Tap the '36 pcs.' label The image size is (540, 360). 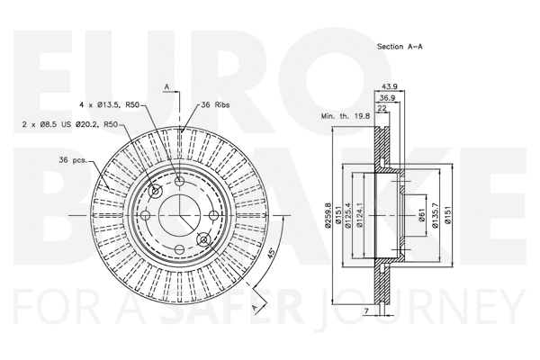72,159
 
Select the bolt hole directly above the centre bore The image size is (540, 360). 181,184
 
